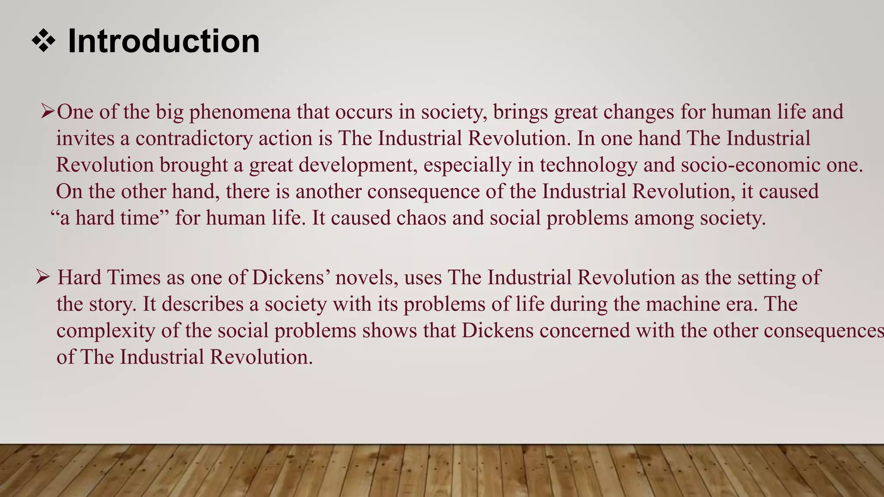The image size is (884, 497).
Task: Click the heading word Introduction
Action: pyautogui.click(x=164, y=41)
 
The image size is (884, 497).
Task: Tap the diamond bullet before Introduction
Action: pyautogui.click(x=44, y=42)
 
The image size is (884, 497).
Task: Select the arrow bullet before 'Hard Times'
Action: pyautogui.click(x=44, y=277)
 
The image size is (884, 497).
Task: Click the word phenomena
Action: pyautogui.click(x=240, y=112)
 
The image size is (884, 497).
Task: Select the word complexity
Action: pyautogui.click(x=106, y=331)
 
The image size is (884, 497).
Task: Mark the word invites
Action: pyautogui.click(x=85, y=138)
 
